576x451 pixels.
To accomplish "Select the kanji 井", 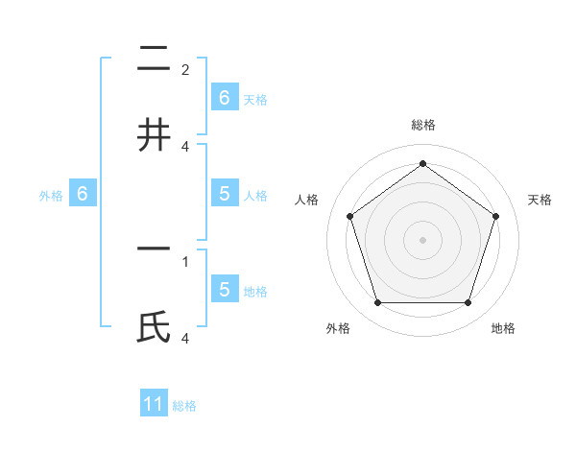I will pos(154,133).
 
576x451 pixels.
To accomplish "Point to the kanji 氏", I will pos(154,328).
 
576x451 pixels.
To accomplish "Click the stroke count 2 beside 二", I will pos(185,70).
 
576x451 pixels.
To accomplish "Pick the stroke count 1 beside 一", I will pos(185,260).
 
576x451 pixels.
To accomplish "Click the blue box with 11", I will pos(154,404).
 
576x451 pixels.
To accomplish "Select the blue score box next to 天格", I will pos(224,97).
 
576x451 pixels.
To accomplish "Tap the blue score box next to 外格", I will pos(83,194).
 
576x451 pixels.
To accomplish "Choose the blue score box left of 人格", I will pos(224,194).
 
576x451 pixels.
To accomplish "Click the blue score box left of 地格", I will pos(224,289).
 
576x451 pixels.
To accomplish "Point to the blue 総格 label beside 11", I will pos(184,406).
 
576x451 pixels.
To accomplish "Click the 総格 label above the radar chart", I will pos(422,125).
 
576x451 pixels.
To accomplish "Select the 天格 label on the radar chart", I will pos(540,200).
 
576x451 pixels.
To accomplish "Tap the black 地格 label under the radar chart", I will pos(503,328).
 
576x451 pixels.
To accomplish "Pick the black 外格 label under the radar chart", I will pos(338,328).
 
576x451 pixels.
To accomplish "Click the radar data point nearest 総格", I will pos(422,163).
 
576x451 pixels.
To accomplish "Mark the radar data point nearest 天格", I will pos(496,216).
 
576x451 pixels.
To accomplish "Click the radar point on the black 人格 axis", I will pos(349,216).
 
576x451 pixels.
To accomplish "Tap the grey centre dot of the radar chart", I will pos(422,239).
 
